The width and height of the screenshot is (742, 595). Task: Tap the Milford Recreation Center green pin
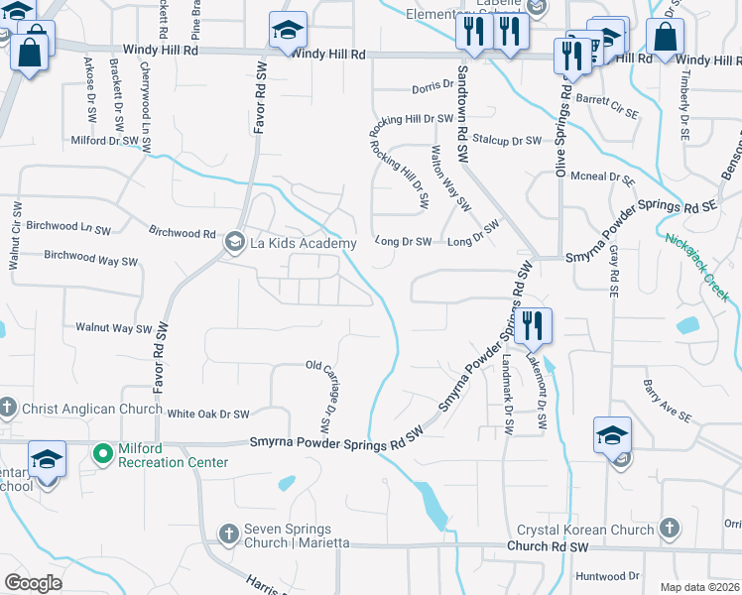pyautogui.click(x=101, y=455)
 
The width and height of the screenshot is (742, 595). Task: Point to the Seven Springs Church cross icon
pyautogui.click(x=229, y=533)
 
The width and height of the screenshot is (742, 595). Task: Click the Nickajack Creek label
pyautogui.click(x=697, y=256)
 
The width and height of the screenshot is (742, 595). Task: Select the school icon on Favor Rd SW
pyautogui.click(x=288, y=34)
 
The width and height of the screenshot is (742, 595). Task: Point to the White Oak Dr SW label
pyautogui.click(x=207, y=414)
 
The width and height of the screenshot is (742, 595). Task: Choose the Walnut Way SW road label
pyautogui.click(x=113, y=328)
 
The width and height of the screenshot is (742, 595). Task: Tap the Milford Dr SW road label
pyautogui.click(x=104, y=141)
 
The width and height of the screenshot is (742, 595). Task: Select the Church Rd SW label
pyautogui.click(x=547, y=546)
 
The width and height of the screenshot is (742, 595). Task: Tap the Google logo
pyautogui.click(x=33, y=583)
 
